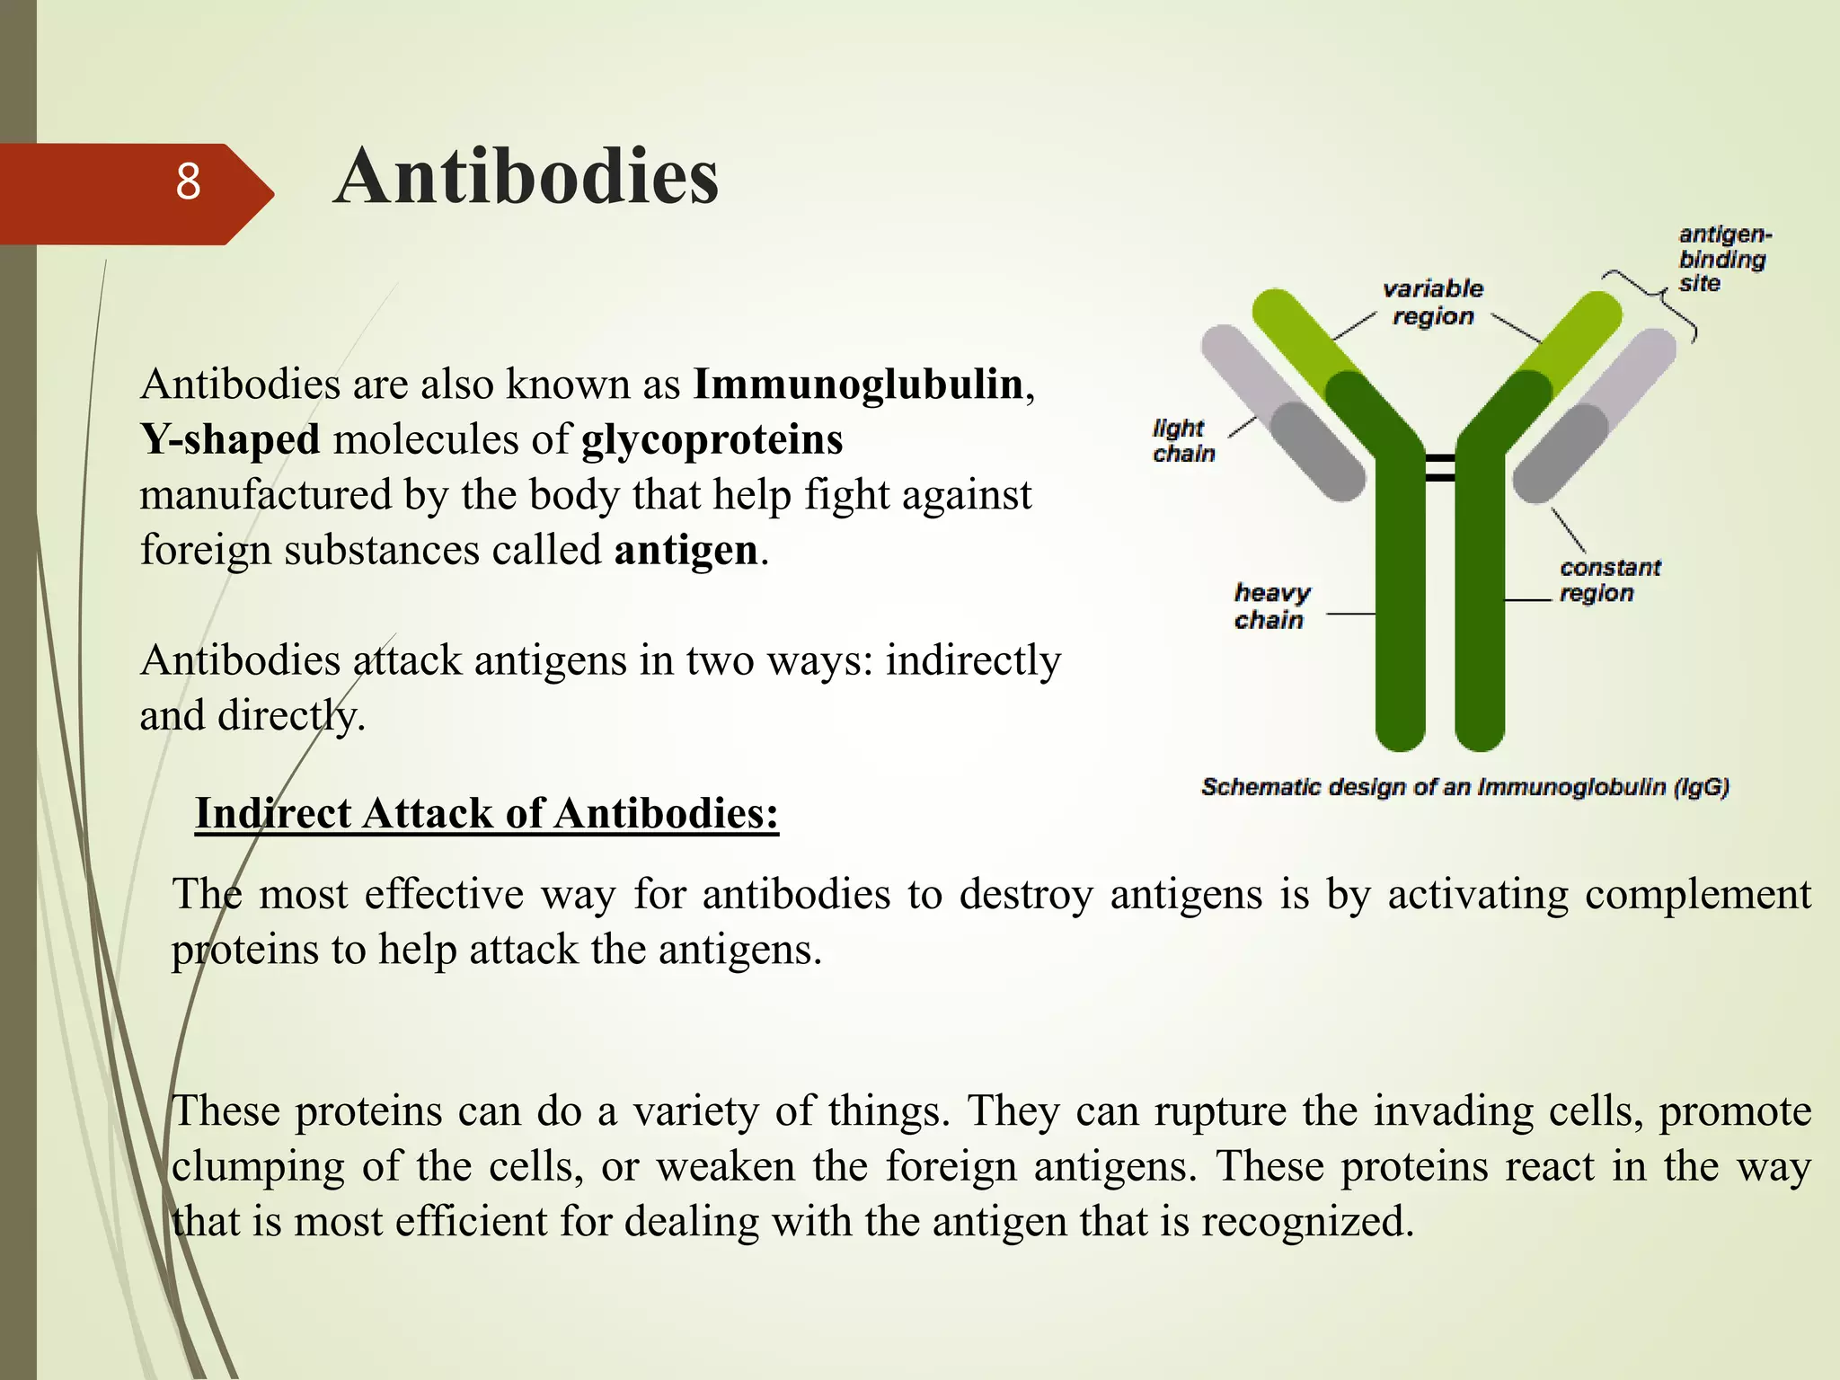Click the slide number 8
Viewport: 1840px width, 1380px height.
coord(188,182)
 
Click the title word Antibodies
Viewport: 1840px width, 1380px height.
coord(526,177)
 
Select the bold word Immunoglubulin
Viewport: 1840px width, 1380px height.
coord(858,385)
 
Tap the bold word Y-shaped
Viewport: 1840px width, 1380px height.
coord(230,440)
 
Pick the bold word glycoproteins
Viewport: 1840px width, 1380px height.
coord(712,440)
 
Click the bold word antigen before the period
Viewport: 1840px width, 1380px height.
coord(686,550)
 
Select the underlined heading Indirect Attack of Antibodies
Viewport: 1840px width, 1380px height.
coord(486,814)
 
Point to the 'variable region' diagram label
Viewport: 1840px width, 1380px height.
coord(1433,303)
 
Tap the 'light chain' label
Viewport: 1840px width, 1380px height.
coord(1182,440)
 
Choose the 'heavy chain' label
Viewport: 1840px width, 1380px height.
coord(1270,606)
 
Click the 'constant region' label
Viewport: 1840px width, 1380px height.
coord(1608,580)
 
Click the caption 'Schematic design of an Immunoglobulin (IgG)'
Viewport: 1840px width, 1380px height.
coord(1464,787)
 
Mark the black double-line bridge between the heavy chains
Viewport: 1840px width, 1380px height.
coord(1440,468)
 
